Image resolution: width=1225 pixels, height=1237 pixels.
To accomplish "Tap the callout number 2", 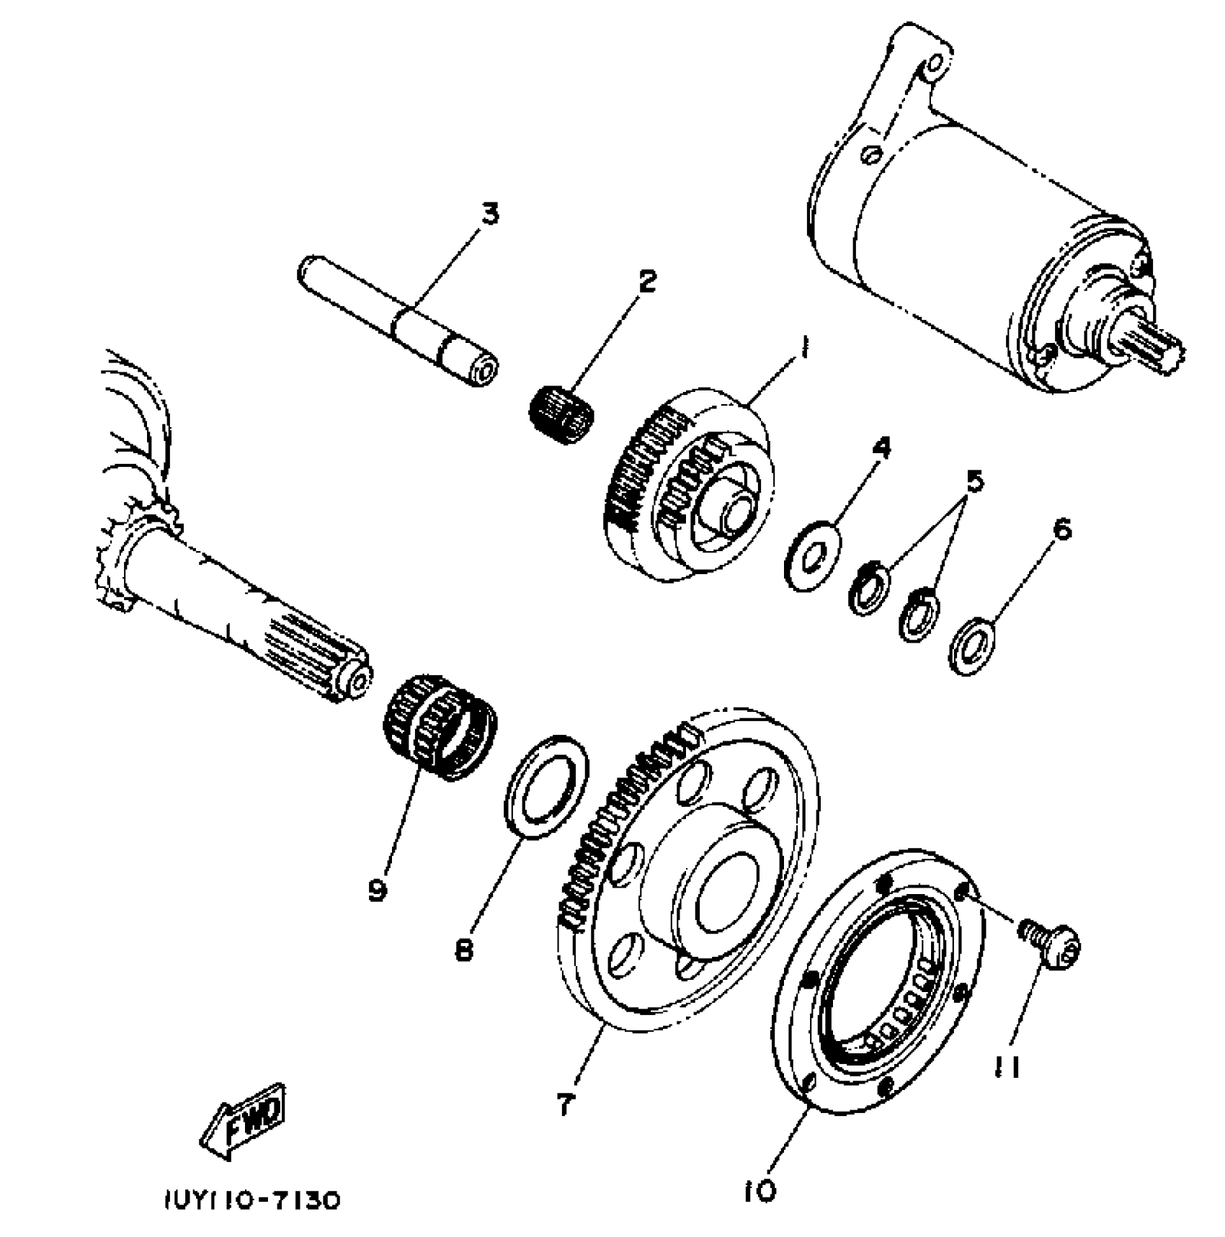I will pyautogui.click(x=646, y=281).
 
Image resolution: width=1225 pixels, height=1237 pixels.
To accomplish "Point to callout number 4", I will pyautogui.click(x=881, y=448).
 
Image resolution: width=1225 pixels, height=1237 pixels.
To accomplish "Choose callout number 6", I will pyautogui.click(x=1061, y=530).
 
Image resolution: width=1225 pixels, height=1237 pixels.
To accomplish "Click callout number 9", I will pyautogui.click(x=377, y=890).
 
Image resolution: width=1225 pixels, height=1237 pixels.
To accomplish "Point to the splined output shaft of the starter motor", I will pyautogui.click(x=1153, y=351).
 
